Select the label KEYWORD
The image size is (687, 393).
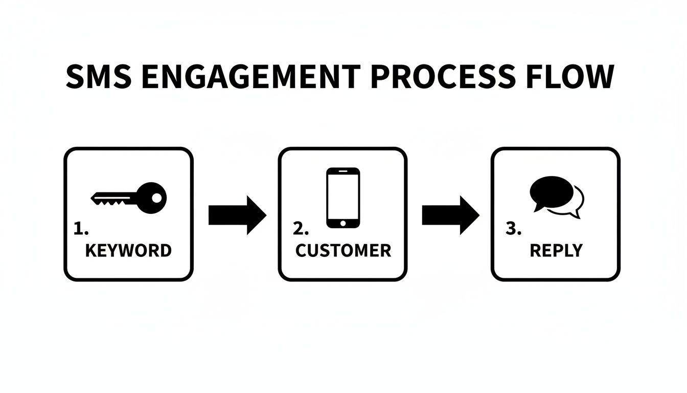(128, 250)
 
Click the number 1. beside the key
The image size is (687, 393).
(81, 229)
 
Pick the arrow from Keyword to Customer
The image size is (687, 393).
(237, 215)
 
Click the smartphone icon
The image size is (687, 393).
(343, 198)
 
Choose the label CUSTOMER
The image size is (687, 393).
(343, 250)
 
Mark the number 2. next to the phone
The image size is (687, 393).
(302, 229)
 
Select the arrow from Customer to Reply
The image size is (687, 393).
(450, 215)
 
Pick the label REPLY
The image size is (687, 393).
(556, 250)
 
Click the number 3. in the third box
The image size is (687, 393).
(513, 229)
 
